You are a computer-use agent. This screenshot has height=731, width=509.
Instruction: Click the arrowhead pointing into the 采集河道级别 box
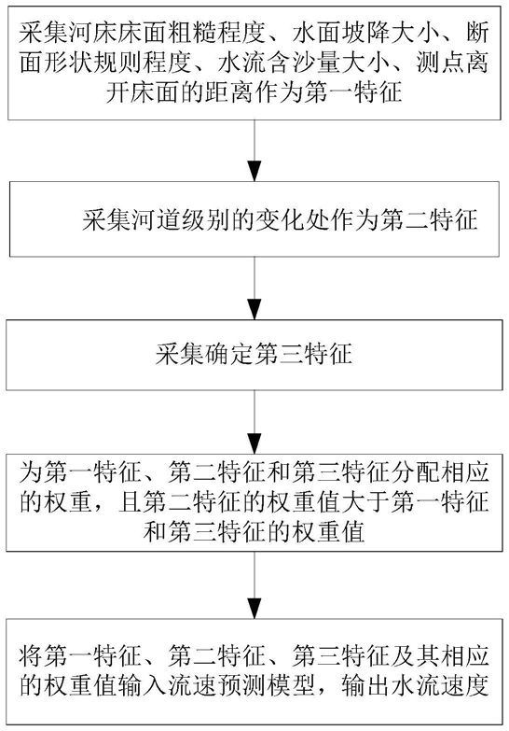coord(254,171)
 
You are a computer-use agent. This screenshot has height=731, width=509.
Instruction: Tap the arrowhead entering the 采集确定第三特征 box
coord(254,309)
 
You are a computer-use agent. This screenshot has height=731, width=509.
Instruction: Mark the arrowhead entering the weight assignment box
coord(254,443)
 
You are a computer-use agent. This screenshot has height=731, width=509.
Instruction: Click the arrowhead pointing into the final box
coord(254,609)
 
